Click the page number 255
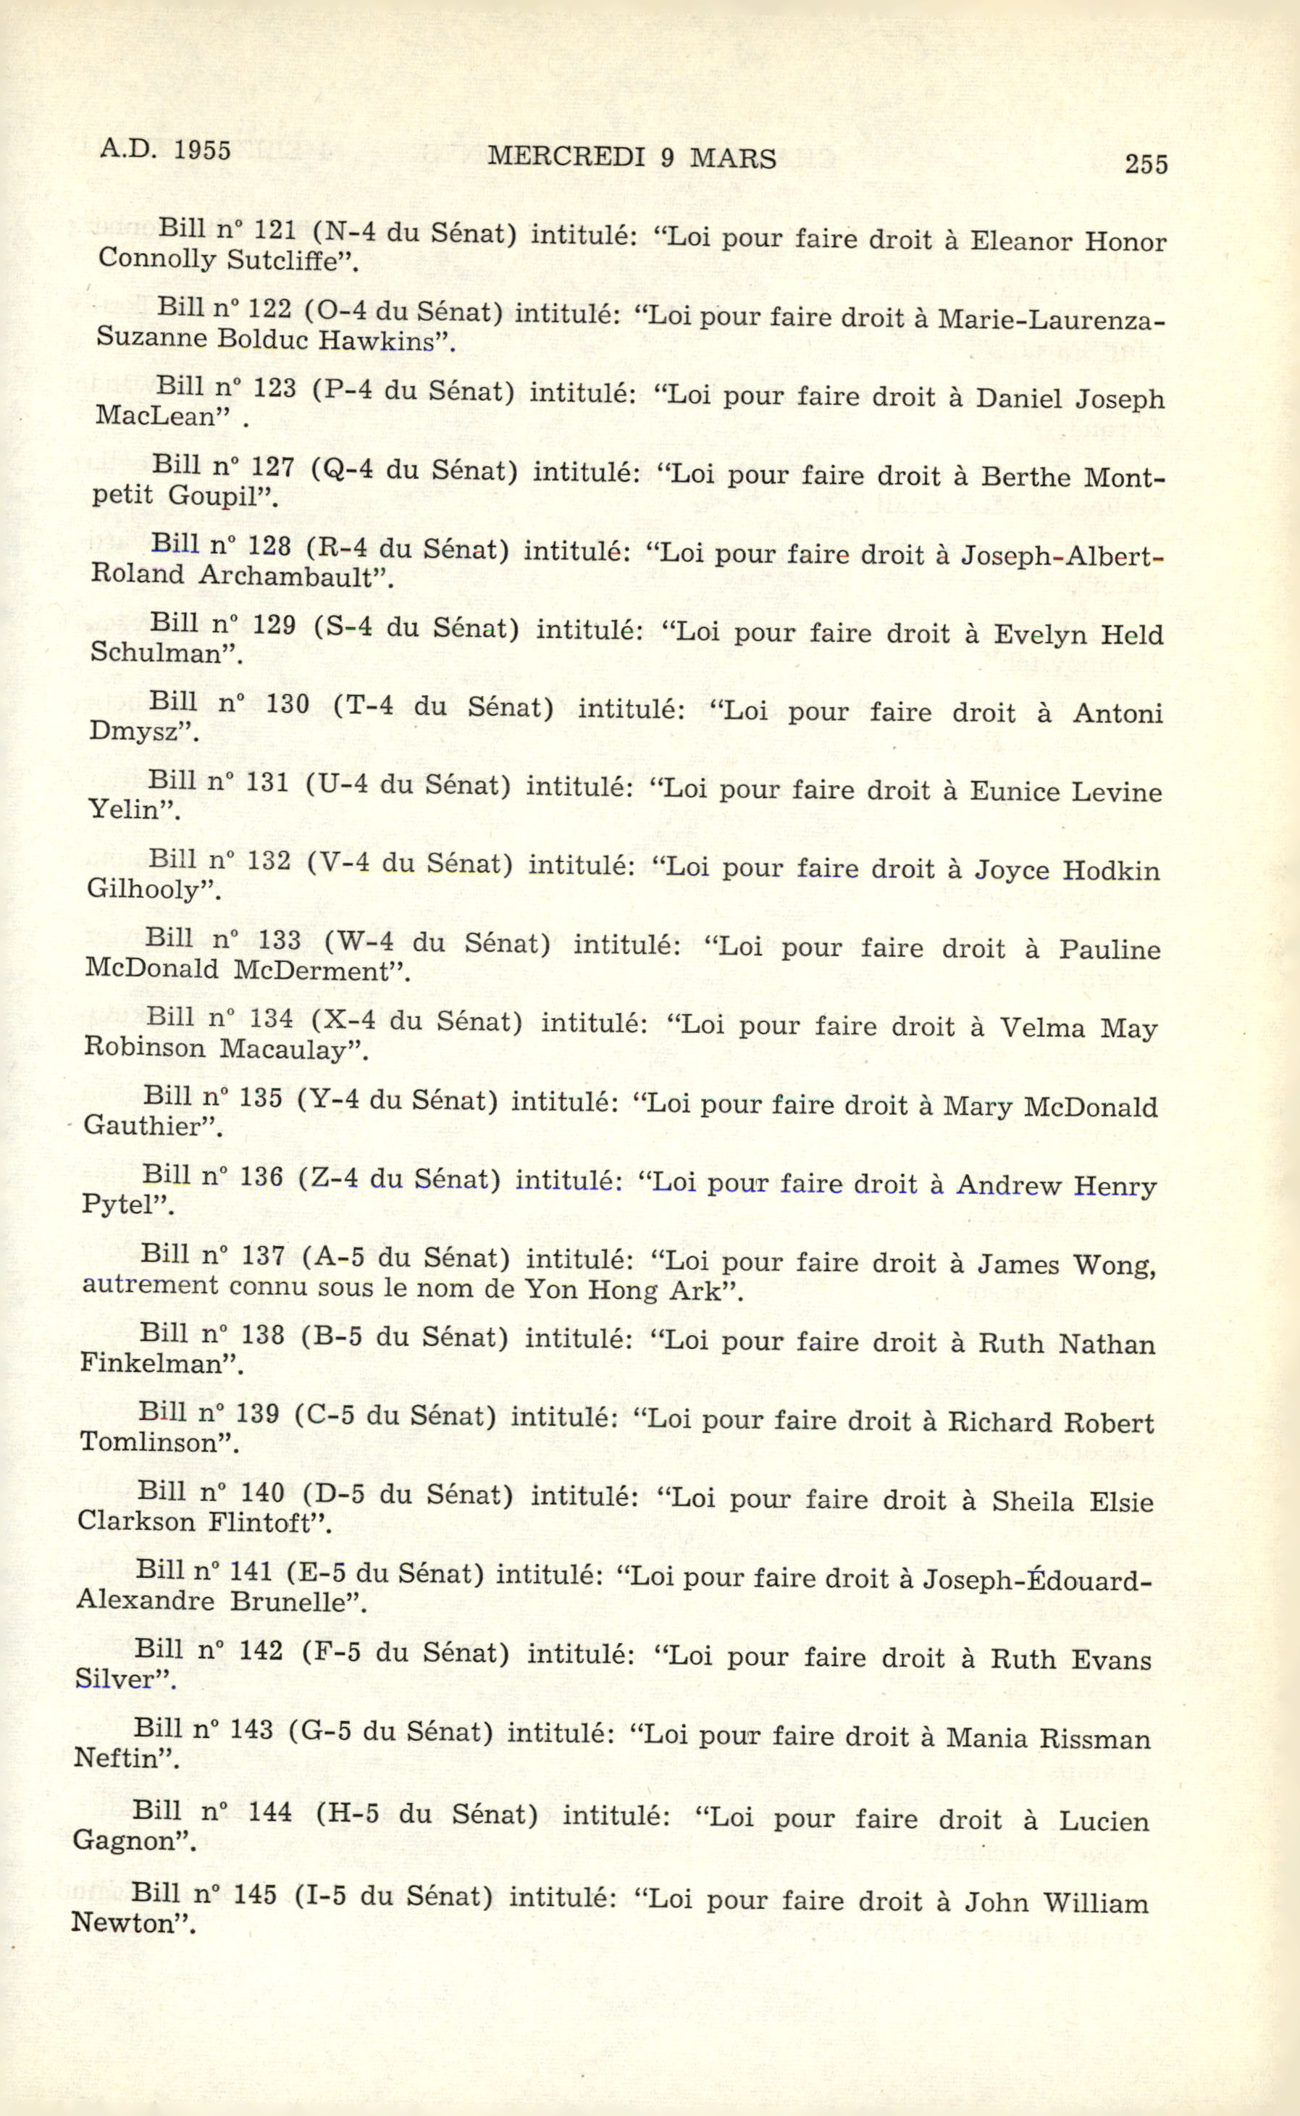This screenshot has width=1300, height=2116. (1146, 164)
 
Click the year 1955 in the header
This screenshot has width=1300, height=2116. (202, 151)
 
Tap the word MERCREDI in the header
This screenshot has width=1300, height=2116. (566, 157)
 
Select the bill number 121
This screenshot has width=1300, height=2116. (275, 230)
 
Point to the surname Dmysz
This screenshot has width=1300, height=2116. (138, 732)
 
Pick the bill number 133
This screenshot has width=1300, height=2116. (280, 940)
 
